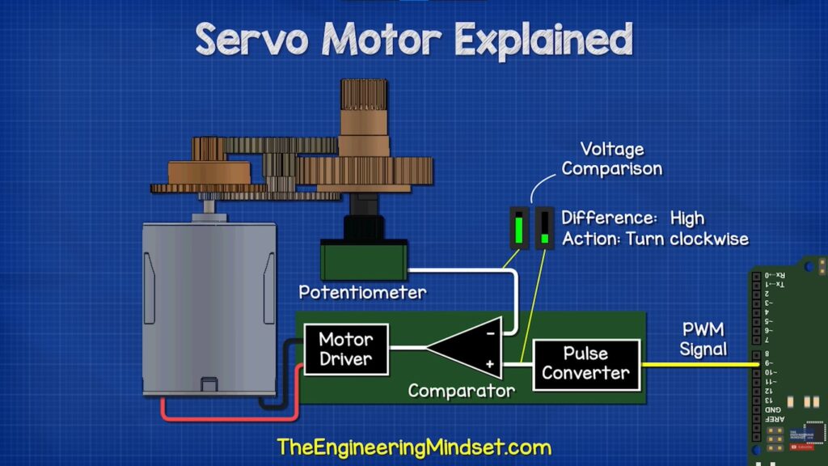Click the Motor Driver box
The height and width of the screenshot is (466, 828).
point(345,349)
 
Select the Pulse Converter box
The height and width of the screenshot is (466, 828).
point(585,363)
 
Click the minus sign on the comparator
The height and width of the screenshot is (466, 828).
point(490,331)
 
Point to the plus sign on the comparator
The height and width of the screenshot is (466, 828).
point(490,365)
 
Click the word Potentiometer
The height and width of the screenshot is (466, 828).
point(362,292)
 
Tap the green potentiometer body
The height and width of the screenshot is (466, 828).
point(364,260)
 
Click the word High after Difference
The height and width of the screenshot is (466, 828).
point(687,218)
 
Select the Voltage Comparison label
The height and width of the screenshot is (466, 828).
point(612,159)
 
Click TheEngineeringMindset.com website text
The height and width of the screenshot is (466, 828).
point(413,447)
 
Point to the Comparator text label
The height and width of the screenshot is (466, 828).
point(461,392)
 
